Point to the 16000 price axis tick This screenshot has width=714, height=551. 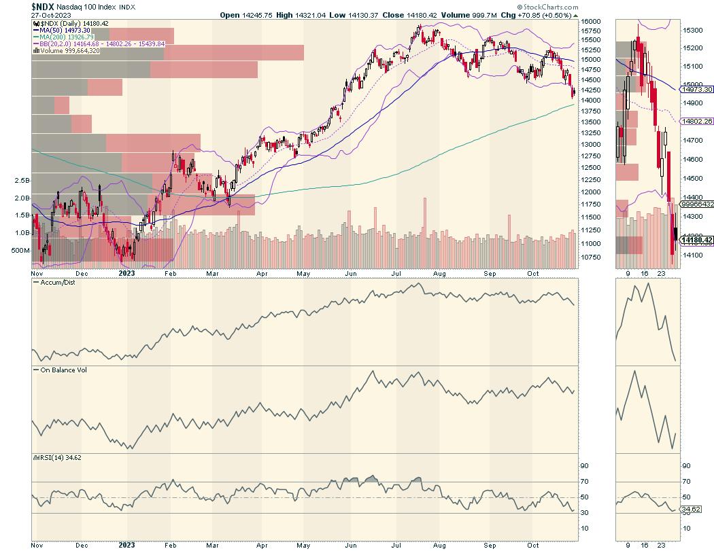tap(591, 22)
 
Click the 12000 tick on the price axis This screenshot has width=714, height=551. tap(591, 193)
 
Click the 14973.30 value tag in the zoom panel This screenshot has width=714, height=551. tap(696, 89)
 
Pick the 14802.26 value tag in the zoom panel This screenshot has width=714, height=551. tap(696, 121)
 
